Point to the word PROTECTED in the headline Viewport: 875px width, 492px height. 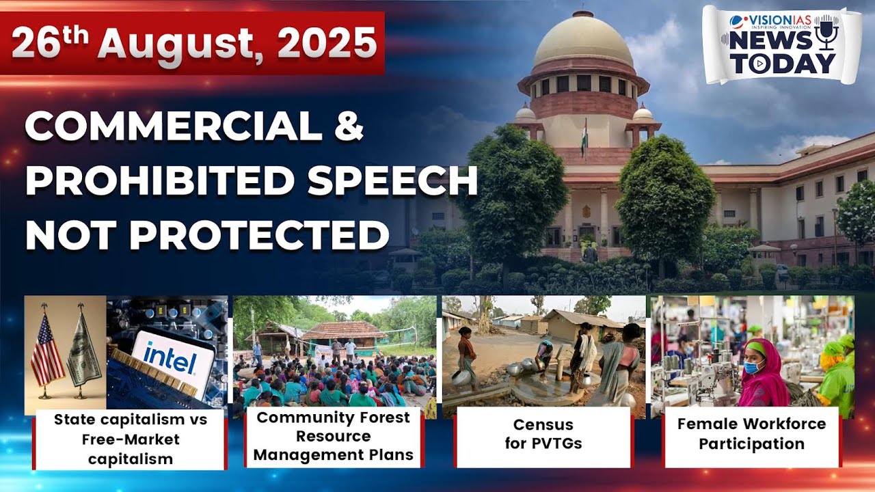pyautogui.click(x=259, y=235)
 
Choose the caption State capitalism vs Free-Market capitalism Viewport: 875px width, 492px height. pyautogui.click(x=130, y=439)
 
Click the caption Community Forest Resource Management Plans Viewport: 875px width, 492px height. pyautogui.click(x=334, y=436)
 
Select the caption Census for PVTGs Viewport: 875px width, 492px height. pyautogui.click(x=543, y=434)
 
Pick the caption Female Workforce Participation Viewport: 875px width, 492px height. pyautogui.click(x=751, y=434)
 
